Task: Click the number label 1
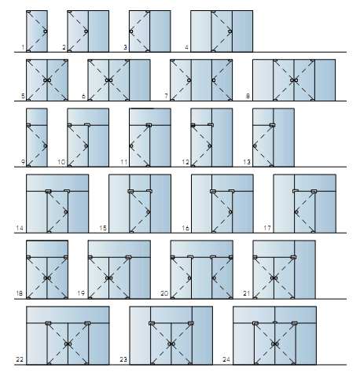[23, 47]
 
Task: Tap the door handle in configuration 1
[46, 31]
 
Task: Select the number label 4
[186, 47]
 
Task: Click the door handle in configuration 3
[131, 31]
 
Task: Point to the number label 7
[166, 96]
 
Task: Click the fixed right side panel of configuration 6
[140, 80]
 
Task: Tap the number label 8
[248, 96]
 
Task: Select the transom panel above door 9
[37, 116]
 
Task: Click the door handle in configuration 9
[46, 146]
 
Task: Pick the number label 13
[247, 162]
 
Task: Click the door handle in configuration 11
[131, 146]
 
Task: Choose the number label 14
[20, 228]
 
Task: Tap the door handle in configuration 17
[296, 212]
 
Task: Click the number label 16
[186, 228]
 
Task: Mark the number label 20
[164, 293]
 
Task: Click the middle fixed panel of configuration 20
[201, 278]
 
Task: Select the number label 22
[20, 359]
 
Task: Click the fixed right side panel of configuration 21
[305, 270]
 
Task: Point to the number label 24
[226, 359]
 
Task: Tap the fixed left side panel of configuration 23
[140, 336]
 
